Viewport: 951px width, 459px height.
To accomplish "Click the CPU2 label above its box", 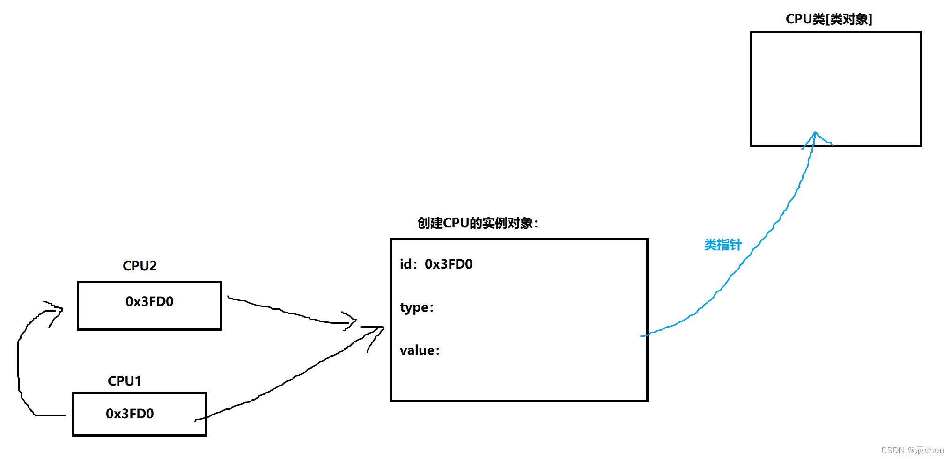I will [140, 266].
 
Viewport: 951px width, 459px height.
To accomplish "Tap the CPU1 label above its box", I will [124, 381].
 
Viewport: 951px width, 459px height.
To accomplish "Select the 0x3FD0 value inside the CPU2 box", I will [149, 301].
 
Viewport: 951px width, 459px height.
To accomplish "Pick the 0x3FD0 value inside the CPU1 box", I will [130, 414].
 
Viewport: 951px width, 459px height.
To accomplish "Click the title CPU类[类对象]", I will [828, 19].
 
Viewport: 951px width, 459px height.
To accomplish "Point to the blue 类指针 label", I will [722, 245].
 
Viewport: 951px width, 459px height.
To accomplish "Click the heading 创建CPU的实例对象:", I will [478, 223].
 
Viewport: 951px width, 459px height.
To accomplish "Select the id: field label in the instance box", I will [408, 264].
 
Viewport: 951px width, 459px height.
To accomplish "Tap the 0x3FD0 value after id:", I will [449, 264].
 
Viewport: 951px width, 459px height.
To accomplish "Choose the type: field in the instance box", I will [417, 307].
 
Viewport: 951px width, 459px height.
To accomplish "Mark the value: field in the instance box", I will [420, 350].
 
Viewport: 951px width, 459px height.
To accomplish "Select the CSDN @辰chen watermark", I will [912, 450].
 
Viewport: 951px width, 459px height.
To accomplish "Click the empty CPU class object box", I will [835, 80].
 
